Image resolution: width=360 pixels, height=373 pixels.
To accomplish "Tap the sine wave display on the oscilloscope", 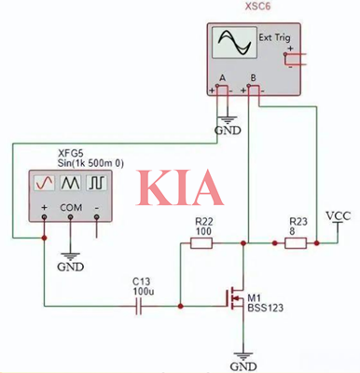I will pos(231,44).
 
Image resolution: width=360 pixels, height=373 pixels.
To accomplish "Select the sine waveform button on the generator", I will pos(45,183).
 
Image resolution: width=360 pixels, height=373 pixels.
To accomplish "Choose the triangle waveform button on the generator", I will pos(72,183).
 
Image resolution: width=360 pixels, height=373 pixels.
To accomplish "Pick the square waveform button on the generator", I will pos(99,183).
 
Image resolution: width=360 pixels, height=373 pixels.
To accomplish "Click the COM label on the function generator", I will pos(71,206).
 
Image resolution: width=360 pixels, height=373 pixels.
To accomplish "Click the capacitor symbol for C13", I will pos(141,308).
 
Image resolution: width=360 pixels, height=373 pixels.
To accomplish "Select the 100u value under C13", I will pos(141,292).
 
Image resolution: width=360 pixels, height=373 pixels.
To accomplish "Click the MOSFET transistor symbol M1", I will pos(237,297).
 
